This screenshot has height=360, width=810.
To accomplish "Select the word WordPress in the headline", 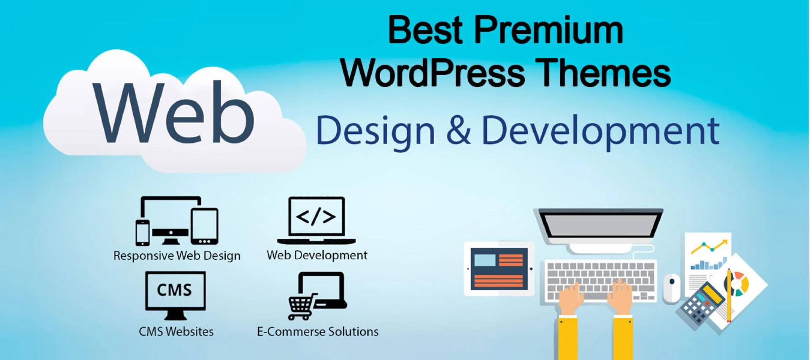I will (433, 73).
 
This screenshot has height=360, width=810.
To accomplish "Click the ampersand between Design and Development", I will (458, 130).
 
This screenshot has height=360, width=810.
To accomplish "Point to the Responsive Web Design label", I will (177, 256).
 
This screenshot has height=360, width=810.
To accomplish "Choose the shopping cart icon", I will (301, 306).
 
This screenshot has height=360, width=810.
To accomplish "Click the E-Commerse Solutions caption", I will (318, 332).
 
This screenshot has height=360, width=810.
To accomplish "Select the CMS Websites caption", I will (176, 332).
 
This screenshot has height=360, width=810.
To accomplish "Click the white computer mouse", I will (671, 288).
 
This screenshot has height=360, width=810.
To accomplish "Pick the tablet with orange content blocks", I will (499, 269).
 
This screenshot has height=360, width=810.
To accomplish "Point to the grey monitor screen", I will (600, 223).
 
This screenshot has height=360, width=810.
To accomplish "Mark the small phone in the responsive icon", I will (143, 233).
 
